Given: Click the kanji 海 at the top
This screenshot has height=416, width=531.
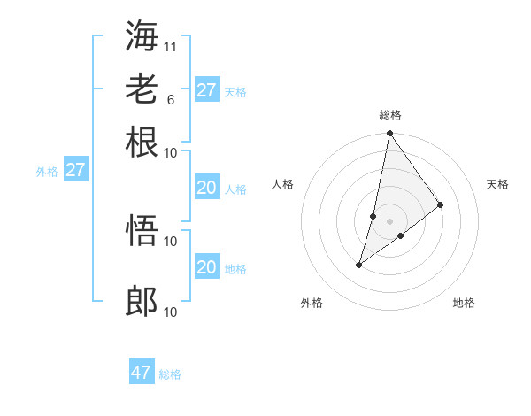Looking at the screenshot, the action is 142,35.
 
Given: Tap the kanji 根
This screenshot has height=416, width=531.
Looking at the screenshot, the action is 142,142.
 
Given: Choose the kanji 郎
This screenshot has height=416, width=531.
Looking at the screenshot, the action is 142,302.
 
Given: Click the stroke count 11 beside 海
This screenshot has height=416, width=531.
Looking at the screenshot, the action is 171,46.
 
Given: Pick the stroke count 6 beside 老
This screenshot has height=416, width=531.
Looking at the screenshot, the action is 170,99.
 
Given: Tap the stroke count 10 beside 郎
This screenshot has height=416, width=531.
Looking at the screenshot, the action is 171,312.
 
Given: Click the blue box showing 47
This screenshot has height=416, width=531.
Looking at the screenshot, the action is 142,373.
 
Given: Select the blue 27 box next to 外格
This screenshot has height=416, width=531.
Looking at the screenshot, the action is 75,170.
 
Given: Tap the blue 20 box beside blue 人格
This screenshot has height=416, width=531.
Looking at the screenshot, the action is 206,188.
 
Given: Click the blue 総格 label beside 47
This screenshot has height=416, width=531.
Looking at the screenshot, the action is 170,374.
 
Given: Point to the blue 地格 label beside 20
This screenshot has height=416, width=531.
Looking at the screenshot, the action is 235,269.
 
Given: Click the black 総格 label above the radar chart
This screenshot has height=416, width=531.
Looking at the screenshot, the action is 389,115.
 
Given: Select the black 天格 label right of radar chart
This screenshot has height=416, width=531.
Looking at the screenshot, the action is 497,184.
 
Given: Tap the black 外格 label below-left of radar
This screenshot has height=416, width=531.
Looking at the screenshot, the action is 312,303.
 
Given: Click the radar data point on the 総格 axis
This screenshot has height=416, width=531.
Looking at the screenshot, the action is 389,134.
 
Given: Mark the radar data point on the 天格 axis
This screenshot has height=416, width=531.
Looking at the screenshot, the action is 440,204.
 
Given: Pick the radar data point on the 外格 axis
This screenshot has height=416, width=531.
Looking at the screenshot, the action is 359,264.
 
